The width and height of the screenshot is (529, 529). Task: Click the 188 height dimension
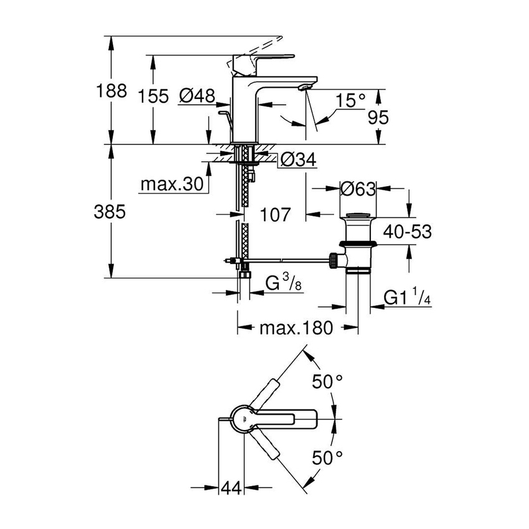tap(112, 91)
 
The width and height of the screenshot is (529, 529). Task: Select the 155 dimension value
tap(154, 96)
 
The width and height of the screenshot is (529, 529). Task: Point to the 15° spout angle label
tap(350, 100)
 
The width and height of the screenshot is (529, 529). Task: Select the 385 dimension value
tap(112, 212)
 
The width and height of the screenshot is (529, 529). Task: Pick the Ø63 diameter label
tap(358, 189)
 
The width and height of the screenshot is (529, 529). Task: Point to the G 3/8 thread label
tap(280, 284)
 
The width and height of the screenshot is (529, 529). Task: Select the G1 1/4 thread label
tap(407, 298)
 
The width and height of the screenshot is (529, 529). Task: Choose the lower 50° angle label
tap(328, 459)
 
